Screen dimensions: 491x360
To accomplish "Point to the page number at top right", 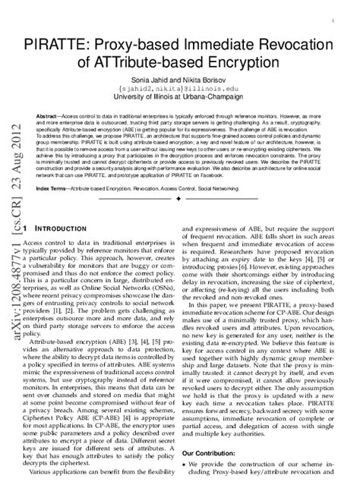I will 336,14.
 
